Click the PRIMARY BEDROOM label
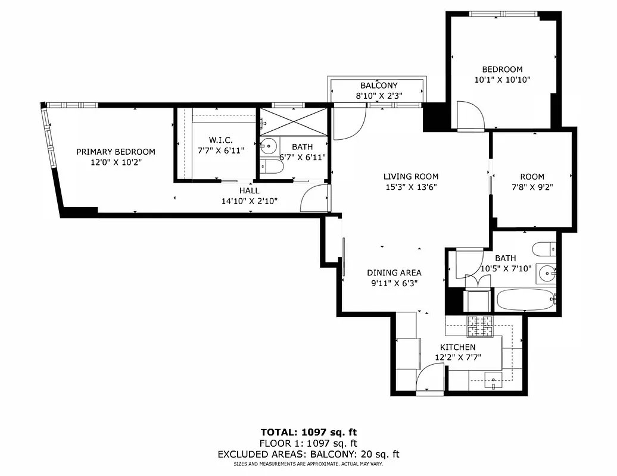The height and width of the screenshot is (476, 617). [x=116, y=152]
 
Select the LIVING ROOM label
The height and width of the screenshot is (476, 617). [x=410, y=176]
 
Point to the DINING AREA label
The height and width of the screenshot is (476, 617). [x=394, y=273]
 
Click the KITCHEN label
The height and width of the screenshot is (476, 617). [x=457, y=347]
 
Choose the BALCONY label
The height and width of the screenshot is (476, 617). [x=378, y=86]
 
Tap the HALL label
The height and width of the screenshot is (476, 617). [x=249, y=190]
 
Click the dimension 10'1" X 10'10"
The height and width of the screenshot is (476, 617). [x=501, y=80]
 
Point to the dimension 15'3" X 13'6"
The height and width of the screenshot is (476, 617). [x=410, y=187]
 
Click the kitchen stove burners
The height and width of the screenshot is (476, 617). [x=480, y=325]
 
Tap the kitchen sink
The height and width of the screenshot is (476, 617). [x=493, y=380]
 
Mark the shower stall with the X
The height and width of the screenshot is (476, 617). [x=294, y=122]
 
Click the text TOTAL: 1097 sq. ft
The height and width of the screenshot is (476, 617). [x=308, y=432]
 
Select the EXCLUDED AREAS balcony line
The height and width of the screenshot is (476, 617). [x=308, y=454]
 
